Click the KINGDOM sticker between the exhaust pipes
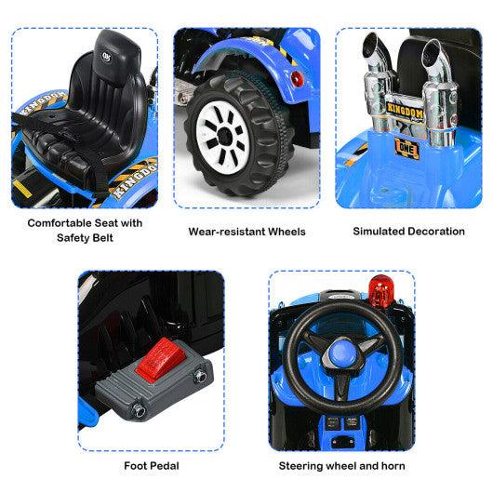click(x=403, y=111)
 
